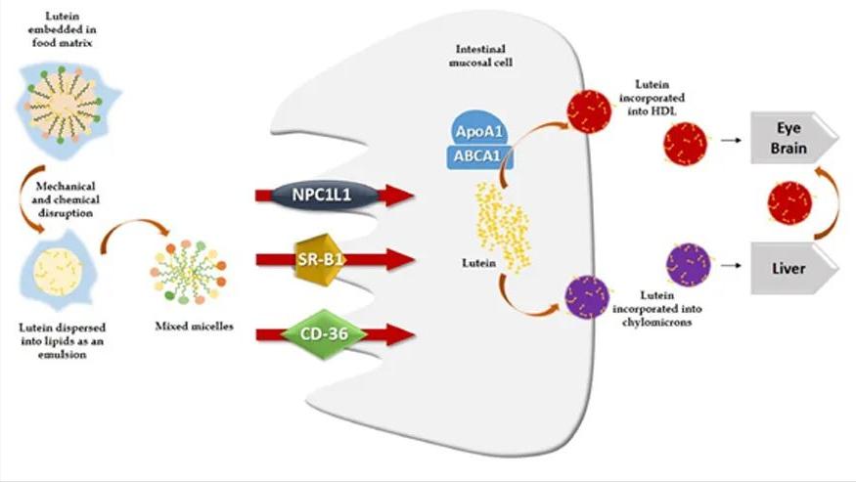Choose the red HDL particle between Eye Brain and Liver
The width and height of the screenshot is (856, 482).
(788, 202)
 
